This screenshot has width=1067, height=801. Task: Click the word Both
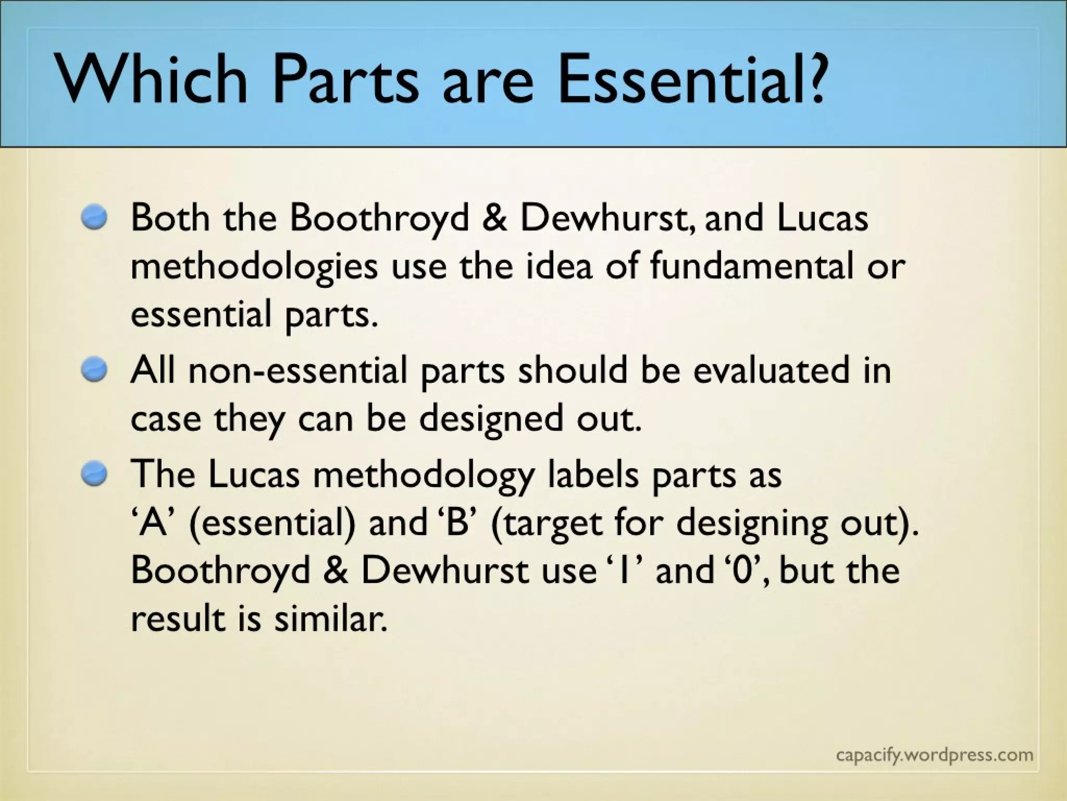pyautogui.click(x=170, y=217)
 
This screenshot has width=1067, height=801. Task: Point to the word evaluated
pyautogui.click(x=771, y=371)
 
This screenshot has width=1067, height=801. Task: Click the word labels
pyautogui.click(x=593, y=475)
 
